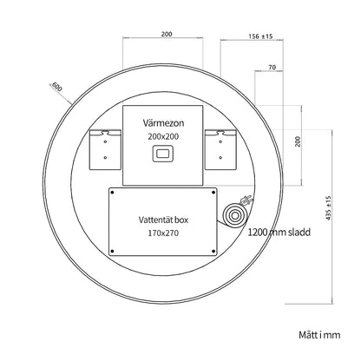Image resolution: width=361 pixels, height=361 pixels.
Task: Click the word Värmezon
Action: click(163, 123)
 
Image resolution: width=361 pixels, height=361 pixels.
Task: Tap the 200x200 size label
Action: click(163, 136)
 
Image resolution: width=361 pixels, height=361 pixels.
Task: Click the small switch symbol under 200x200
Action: click(163, 154)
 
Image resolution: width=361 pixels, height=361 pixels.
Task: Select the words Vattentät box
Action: click(163, 220)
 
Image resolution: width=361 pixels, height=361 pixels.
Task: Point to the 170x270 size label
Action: click(163, 233)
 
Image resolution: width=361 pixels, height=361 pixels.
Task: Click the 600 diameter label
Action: click(56, 87)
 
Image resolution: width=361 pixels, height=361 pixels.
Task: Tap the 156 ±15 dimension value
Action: click(260, 36)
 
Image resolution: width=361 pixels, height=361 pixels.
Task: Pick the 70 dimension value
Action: click(272, 68)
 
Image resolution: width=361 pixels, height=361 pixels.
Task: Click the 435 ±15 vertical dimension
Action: click(328, 208)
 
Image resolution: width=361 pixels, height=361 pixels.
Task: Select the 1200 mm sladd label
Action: click(279, 232)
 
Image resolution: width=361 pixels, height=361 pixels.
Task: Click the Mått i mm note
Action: click(319, 335)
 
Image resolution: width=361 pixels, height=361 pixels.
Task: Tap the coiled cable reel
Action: click(234, 216)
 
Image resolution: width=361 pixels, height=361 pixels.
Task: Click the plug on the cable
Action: click(246, 200)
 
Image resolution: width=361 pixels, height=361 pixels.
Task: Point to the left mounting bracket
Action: click(105, 150)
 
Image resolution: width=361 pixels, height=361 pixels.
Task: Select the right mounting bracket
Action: click(221, 150)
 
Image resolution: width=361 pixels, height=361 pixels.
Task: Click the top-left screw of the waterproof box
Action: click(113, 193)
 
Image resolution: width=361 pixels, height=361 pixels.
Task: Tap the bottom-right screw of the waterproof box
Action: click(213, 251)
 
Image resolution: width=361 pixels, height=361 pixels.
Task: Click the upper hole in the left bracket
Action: click(105, 141)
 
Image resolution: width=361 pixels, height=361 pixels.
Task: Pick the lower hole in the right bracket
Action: click(220, 158)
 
